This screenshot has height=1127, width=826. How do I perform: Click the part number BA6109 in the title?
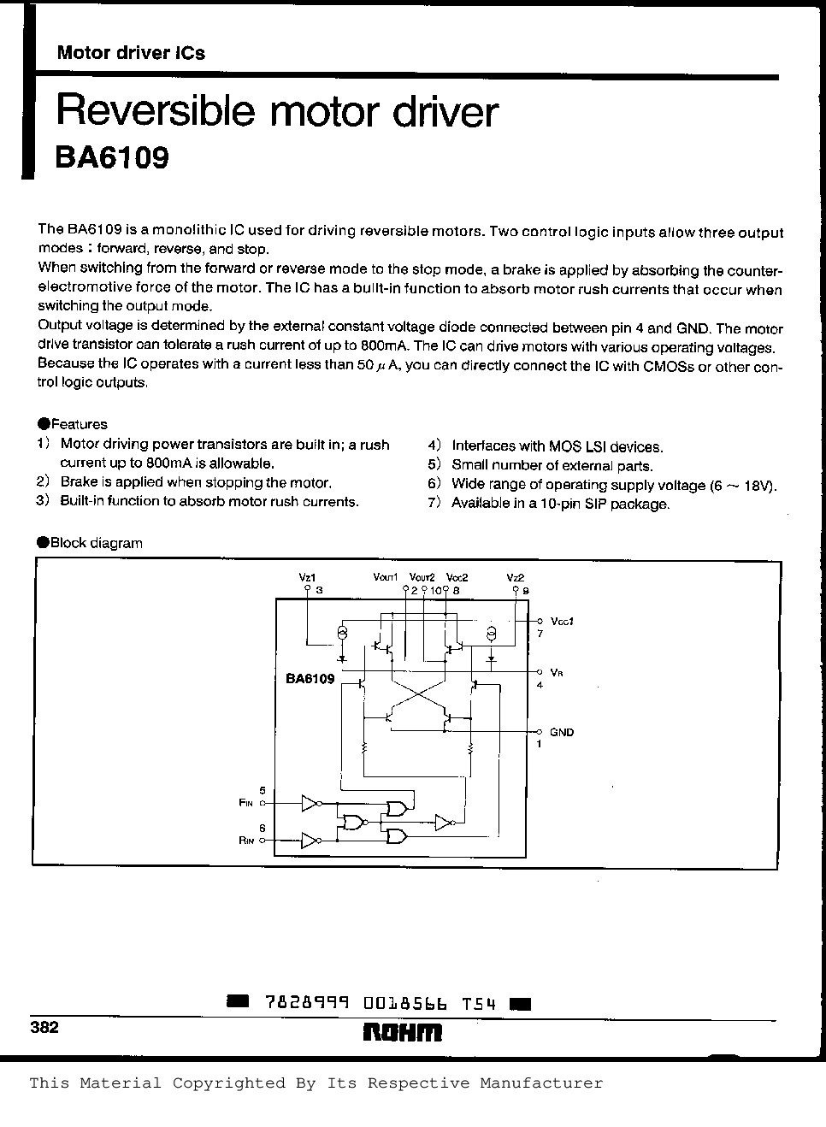(x=112, y=158)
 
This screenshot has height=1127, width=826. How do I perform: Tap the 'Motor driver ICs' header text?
(x=131, y=53)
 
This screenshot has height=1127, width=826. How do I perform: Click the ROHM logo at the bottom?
(x=403, y=1032)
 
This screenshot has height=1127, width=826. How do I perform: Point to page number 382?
(x=44, y=1027)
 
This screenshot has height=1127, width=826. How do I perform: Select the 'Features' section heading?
(x=79, y=424)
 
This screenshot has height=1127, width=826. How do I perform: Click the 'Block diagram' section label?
(x=96, y=543)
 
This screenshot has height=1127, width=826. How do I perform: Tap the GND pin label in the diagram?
(x=562, y=732)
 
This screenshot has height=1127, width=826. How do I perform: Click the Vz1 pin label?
(x=307, y=577)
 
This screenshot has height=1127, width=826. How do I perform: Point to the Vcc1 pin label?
(x=562, y=621)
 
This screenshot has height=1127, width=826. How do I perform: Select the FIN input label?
(x=246, y=803)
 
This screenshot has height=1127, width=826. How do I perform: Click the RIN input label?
(x=246, y=841)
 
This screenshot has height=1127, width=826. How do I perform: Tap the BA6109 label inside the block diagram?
(x=310, y=680)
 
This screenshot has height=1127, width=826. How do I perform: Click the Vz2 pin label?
(x=515, y=577)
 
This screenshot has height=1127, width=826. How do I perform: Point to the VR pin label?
(x=557, y=672)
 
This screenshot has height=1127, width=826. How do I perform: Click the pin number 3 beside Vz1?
(x=318, y=590)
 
